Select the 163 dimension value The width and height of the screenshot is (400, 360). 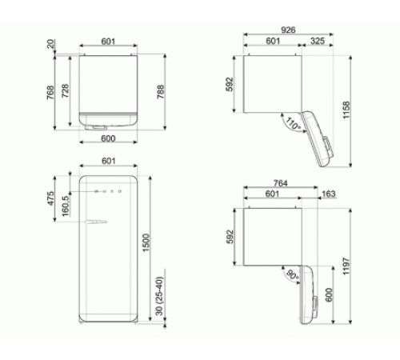329,194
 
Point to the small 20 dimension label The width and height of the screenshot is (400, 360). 52,44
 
